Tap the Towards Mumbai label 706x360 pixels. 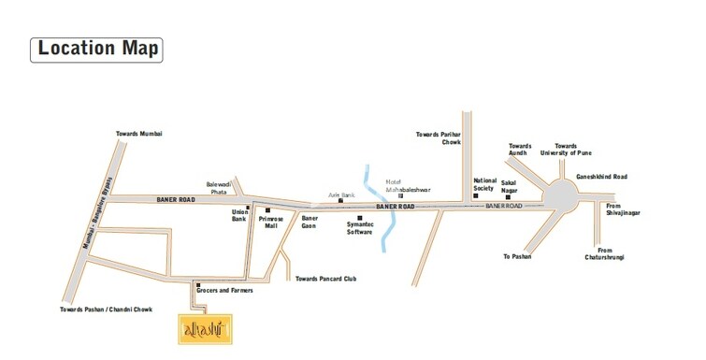point(138,134)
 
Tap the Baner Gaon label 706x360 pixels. point(310,223)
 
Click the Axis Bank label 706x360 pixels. point(341,195)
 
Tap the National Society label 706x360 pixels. point(484,184)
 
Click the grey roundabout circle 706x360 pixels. point(563,197)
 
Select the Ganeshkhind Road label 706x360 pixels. point(601,176)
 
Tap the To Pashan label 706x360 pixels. point(516,255)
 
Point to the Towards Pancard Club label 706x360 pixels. point(325,279)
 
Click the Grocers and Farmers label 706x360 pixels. point(224,291)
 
